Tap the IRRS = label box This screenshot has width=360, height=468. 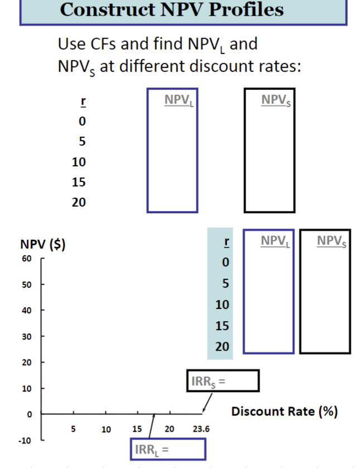click(223, 381)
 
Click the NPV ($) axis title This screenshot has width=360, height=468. click(43, 245)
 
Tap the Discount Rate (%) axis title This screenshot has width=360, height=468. click(285, 412)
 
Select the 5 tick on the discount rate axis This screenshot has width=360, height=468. click(73, 429)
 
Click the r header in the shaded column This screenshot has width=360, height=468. click(225, 243)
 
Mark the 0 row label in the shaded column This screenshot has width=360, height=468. click(225, 262)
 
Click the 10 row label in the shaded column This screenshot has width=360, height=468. click(222, 305)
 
